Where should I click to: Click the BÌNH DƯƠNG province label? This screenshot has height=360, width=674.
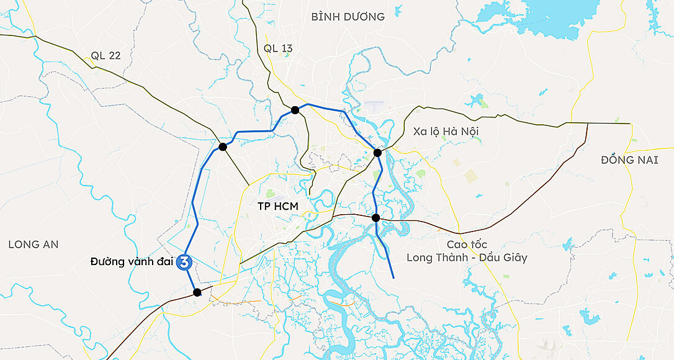tap(348, 17)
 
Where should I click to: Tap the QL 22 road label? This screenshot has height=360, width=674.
tap(106, 55)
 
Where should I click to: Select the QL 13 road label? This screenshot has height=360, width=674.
tap(277, 48)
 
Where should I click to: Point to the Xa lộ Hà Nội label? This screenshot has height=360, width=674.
tap(446, 131)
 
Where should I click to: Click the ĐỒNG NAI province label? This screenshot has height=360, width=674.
tap(629, 160)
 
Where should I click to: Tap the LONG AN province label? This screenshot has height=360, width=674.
tap(34, 245)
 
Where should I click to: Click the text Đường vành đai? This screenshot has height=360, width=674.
tap(131, 261)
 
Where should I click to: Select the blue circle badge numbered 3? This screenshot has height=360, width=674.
tap(184, 263)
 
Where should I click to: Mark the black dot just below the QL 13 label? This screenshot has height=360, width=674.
tap(295, 110)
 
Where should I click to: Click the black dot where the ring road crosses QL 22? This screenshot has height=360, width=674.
tap(222, 147)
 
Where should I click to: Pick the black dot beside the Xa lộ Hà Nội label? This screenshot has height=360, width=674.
tap(377, 153)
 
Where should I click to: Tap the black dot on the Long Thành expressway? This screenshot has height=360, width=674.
tap(375, 218)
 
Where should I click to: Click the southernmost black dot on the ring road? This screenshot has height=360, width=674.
tap(197, 292)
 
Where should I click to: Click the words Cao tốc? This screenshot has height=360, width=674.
tap(467, 244)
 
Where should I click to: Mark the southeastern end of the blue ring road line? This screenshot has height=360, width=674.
tap(393, 277)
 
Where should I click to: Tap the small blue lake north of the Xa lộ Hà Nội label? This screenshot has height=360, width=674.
tap(477, 99)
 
